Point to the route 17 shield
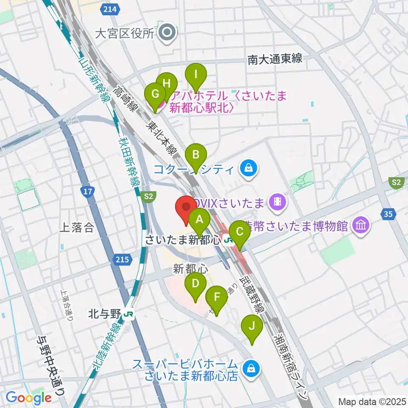88,192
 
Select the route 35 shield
388,214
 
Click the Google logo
28,397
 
